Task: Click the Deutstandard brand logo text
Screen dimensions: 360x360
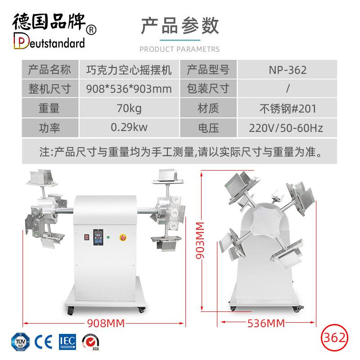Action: (x=49, y=41)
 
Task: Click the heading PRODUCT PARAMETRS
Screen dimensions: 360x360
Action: (x=180, y=49)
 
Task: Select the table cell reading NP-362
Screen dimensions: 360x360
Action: (x=288, y=70)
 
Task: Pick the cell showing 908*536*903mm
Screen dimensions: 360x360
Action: (x=129, y=89)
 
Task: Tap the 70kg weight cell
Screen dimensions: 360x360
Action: (x=129, y=108)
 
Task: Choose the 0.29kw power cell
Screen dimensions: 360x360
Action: (x=129, y=127)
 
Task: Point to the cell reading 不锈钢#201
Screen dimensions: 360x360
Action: (x=288, y=108)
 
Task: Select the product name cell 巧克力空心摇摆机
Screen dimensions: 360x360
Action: (x=129, y=70)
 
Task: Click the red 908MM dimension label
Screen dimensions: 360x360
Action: (x=106, y=323)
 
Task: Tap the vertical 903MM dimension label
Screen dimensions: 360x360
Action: (x=200, y=240)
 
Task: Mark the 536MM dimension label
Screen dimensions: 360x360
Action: (x=266, y=323)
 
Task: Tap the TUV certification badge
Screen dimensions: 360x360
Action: (x=20, y=342)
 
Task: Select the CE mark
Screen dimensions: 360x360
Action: (x=43, y=342)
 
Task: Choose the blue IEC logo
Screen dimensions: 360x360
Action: (x=67, y=342)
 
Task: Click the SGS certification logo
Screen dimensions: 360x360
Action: (x=91, y=342)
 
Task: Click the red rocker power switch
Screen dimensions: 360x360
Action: (x=86, y=237)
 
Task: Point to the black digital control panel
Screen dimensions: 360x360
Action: (x=98, y=237)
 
